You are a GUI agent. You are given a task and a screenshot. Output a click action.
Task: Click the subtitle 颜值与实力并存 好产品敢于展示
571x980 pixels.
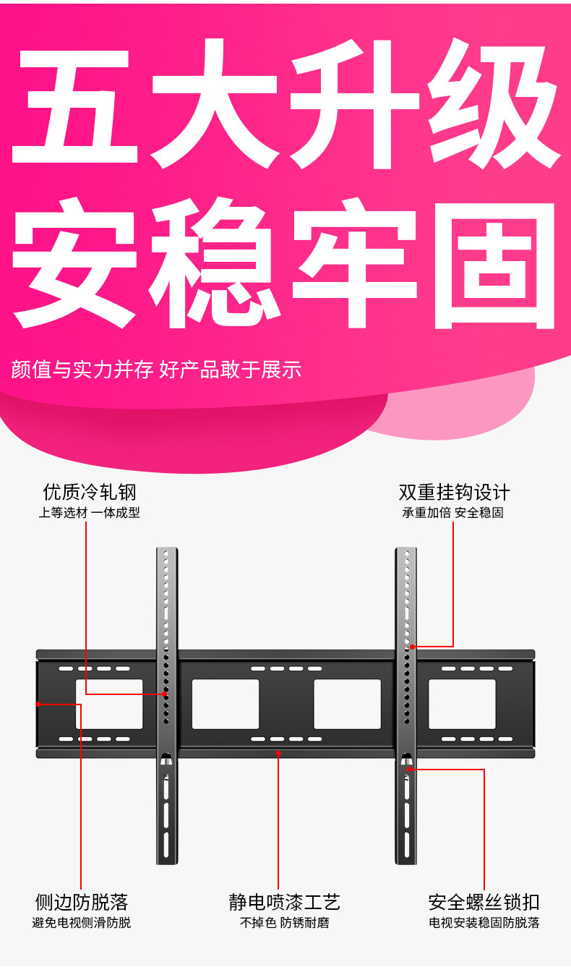tap(156, 370)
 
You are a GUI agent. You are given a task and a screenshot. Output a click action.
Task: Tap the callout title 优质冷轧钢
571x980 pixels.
tap(90, 493)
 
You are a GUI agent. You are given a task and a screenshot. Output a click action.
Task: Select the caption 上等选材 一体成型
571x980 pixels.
tap(90, 513)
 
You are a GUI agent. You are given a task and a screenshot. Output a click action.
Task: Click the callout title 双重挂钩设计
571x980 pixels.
tap(454, 493)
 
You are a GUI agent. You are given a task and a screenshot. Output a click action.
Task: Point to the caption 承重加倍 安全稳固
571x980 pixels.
tap(453, 513)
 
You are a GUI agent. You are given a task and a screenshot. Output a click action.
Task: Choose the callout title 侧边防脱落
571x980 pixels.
tap(82, 902)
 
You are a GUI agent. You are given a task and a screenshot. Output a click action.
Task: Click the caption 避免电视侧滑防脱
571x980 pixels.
tap(82, 923)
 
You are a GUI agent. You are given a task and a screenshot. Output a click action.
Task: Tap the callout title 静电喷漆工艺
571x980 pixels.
tap(284, 902)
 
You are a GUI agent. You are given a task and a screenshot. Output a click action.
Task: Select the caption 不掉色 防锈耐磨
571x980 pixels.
tap(284, 923)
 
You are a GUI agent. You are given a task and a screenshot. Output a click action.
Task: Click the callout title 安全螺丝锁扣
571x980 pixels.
tap(484, 902)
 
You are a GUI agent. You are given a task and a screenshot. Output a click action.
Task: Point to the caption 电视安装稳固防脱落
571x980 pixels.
tap(484, 923)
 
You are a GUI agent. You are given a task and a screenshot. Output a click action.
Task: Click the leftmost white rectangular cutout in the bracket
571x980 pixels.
tap(110, 704)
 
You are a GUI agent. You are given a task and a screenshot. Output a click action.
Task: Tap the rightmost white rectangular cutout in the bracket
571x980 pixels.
tap(462, 704)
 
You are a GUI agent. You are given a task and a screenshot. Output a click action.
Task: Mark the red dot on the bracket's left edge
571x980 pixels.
tap(38, 703)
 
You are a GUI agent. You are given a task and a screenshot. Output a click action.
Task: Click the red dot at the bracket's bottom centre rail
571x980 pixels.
tap(279, 753)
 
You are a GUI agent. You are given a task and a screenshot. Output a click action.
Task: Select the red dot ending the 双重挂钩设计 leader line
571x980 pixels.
tap(412, 646)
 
